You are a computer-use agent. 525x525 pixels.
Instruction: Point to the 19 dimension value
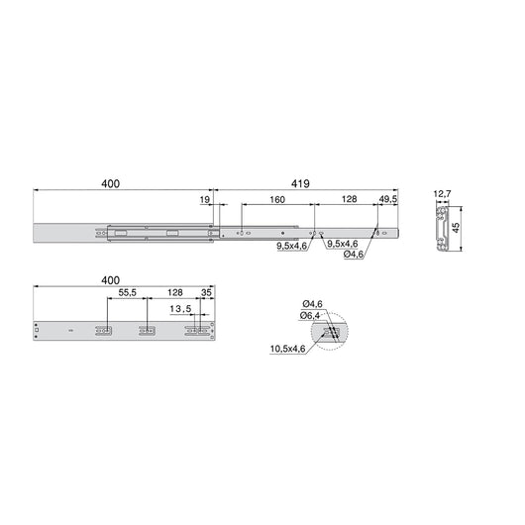pos(205,199)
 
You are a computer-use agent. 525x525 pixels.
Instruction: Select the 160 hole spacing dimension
pos(276,199)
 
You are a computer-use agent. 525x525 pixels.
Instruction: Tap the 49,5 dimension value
pos(388,199)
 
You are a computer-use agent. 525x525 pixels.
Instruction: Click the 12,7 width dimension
pos(444,194)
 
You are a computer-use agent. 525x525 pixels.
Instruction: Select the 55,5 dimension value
pos(128,294)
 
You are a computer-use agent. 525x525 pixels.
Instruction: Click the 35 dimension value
pos(206,294)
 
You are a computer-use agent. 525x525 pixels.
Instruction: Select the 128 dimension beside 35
pos(174,294)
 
